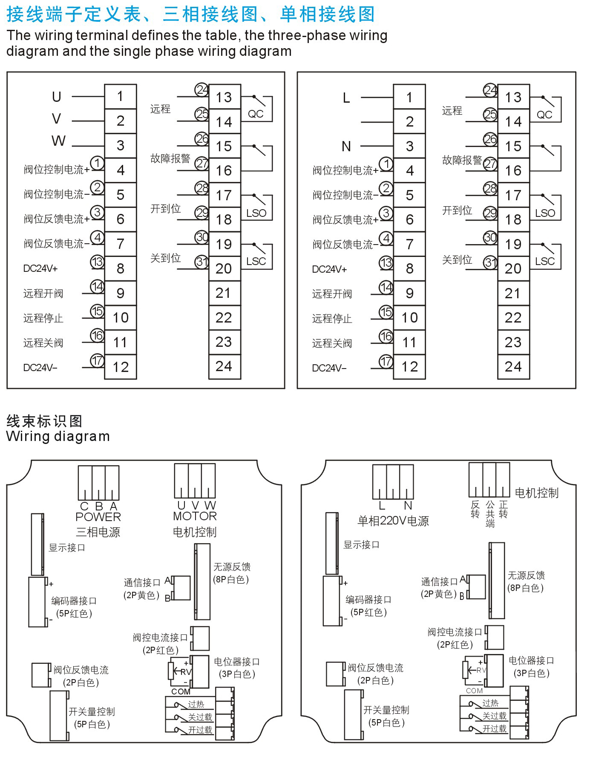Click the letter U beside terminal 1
(x=57, y=97)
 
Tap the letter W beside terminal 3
(x=58, y=141)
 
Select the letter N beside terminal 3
(x=346, y=147)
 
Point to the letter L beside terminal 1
(x=346, y=98)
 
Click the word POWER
(x=98, y=517)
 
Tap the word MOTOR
(x=195, y=516)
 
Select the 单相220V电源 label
(x=393, y=521)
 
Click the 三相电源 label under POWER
(x=98, y=532)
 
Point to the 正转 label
(x=503, y=510)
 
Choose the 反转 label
(x=475, y=510)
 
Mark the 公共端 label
(x=490, y=514)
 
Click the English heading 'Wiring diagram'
(x=58, y=436)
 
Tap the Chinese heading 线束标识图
(x=44, y=421)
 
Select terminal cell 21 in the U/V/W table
(x=224, y=293)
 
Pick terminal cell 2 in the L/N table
(x=409, y=122)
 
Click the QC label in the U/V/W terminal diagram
(x=256, y=114)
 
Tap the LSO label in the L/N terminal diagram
(x=545, y=213)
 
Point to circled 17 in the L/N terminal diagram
(x=386, y=362)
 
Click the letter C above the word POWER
(x=84, y=506)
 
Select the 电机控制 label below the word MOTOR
(x=195, y=532)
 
